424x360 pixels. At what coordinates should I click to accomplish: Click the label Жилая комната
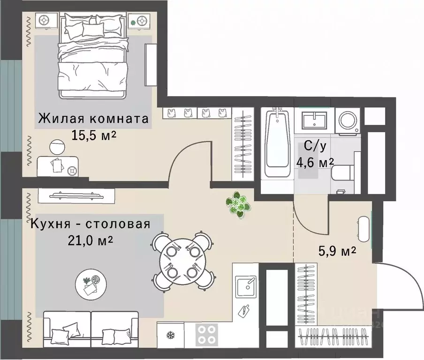tap(93, 118)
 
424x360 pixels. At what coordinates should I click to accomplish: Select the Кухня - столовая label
tap(91, 224)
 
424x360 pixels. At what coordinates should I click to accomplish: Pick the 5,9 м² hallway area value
tap(335, 252)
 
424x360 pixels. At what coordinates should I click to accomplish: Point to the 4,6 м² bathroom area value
tap(315, 162)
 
